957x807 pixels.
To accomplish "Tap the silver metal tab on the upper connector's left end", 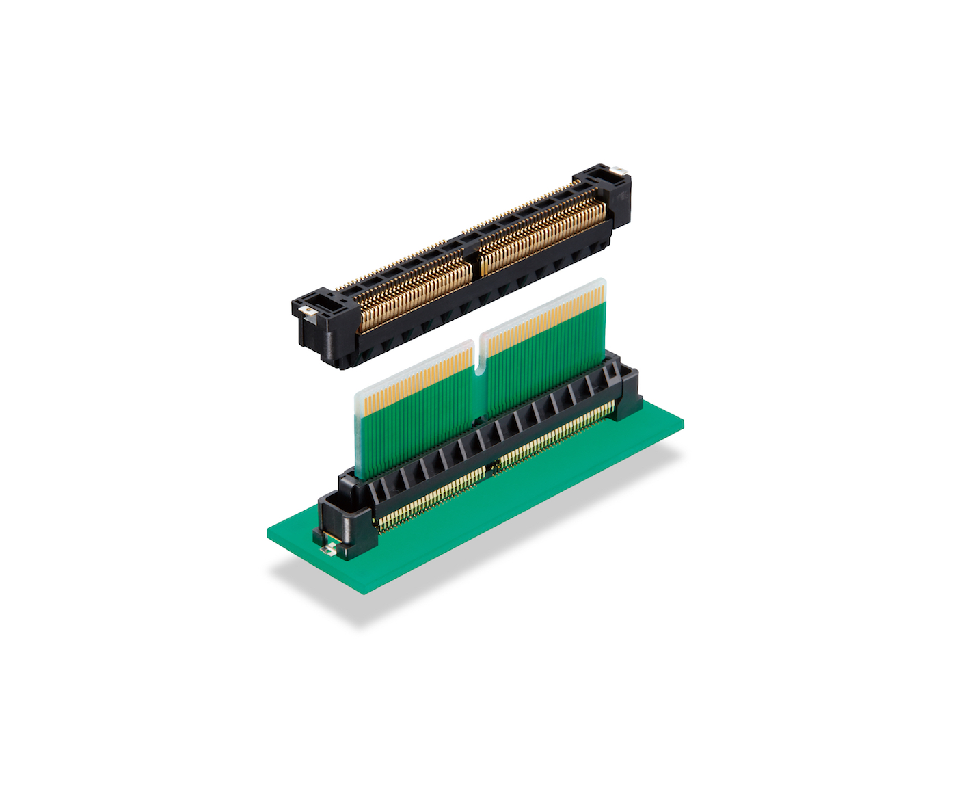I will (307, 312).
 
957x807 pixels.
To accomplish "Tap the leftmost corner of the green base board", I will (268, 533).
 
